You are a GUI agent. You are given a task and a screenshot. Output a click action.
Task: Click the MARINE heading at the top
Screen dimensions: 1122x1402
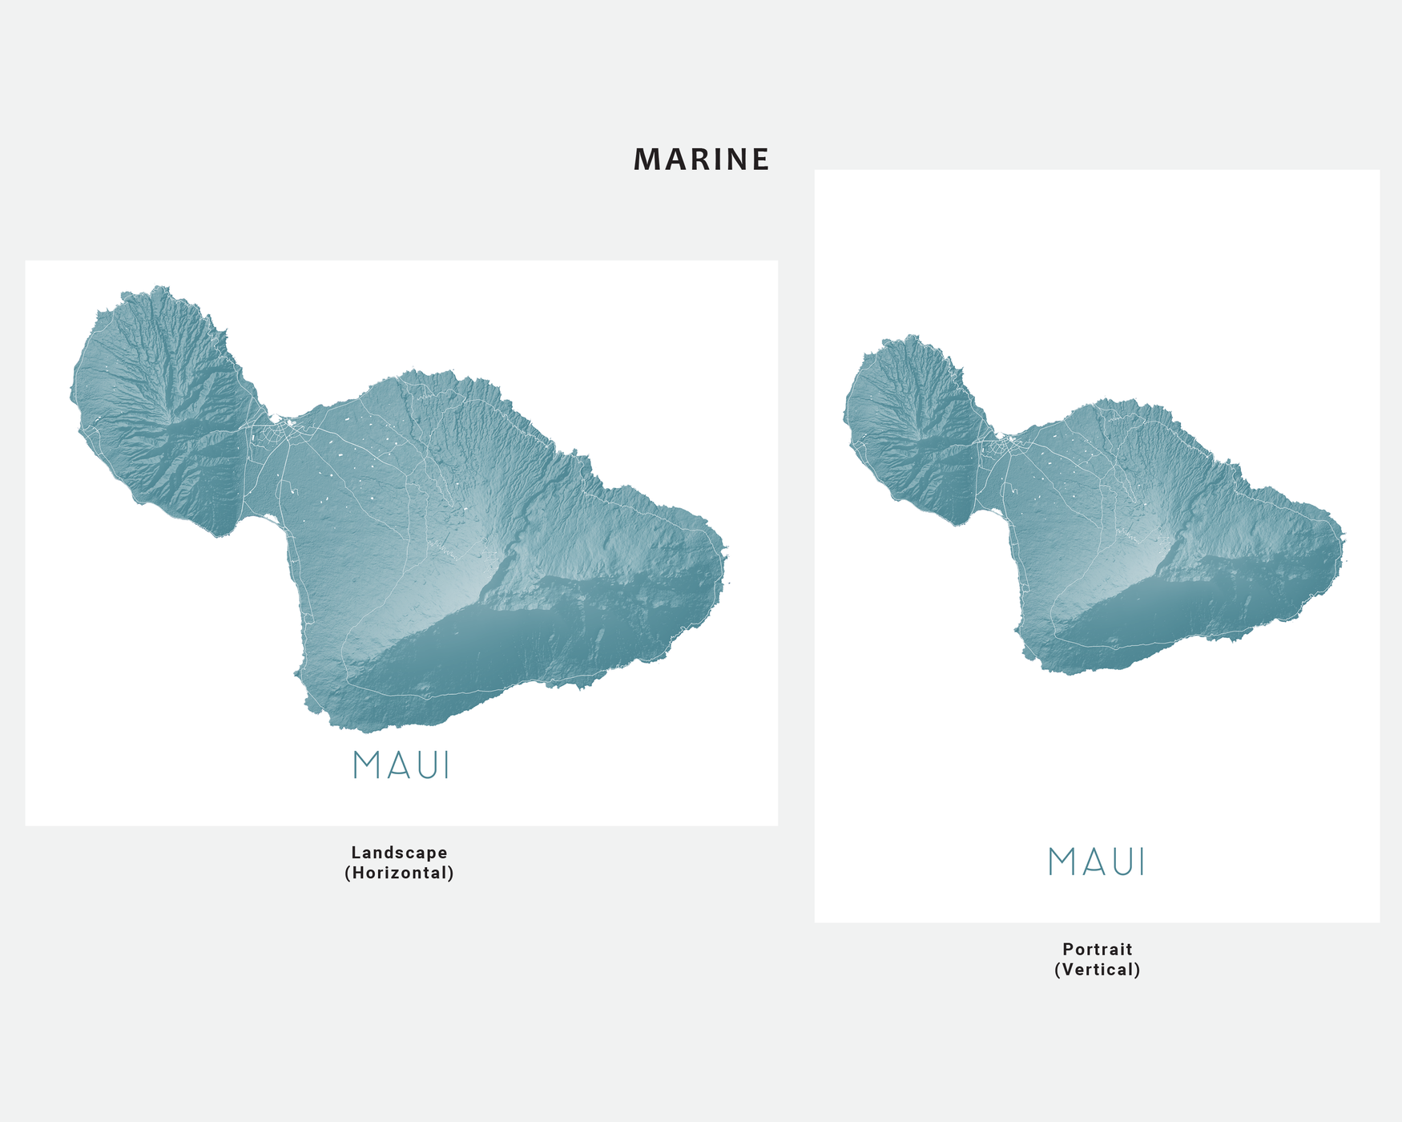(701, 159)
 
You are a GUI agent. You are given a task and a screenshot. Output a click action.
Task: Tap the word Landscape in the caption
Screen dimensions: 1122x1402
(399, 853)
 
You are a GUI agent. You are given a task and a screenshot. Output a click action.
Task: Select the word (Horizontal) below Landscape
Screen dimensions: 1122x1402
(399, 874)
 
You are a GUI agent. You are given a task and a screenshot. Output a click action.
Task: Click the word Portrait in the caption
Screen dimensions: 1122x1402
(1097, 950)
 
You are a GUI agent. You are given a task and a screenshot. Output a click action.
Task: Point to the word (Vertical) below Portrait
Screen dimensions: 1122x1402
(1097, 970)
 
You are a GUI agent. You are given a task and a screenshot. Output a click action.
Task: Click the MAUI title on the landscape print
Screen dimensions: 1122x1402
(401, 765)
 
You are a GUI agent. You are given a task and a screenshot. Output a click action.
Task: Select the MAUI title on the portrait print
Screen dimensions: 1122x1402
(1097, 862)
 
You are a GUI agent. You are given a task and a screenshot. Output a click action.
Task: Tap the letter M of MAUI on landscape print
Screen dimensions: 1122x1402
(365, 765)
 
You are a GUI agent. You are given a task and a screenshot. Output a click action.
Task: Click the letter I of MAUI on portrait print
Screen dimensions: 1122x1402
(1142, 862)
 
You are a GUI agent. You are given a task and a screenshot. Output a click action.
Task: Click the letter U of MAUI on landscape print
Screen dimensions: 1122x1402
(422, 765)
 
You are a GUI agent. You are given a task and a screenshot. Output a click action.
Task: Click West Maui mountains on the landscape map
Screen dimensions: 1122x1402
(164, 417)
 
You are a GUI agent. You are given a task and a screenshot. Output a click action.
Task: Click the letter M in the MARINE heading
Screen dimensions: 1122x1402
(646, 159)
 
